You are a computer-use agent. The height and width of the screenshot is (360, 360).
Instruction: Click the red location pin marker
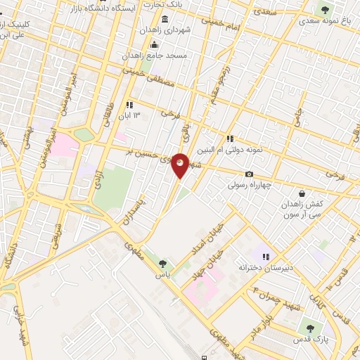pos(181,165)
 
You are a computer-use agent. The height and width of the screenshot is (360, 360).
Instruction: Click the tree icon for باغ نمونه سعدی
pos(324,8)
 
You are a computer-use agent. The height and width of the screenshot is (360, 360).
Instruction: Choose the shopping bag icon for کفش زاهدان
pos(302,193)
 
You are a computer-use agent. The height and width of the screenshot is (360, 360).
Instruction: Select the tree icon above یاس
pos(163,264)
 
